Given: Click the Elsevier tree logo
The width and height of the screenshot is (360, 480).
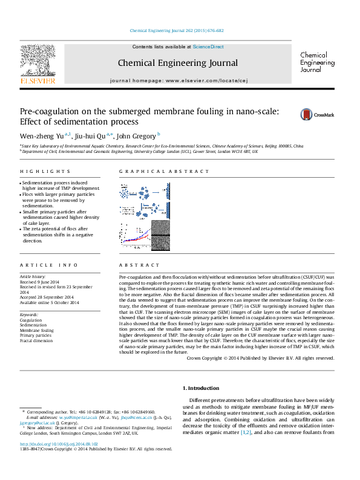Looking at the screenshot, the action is tap(38, 62).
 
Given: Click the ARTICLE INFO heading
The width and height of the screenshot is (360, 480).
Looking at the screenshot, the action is tap(41, 265).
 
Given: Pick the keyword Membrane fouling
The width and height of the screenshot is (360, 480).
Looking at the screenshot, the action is tap(37, 331).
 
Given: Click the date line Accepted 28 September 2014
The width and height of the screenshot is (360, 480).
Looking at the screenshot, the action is tap(46, 297).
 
